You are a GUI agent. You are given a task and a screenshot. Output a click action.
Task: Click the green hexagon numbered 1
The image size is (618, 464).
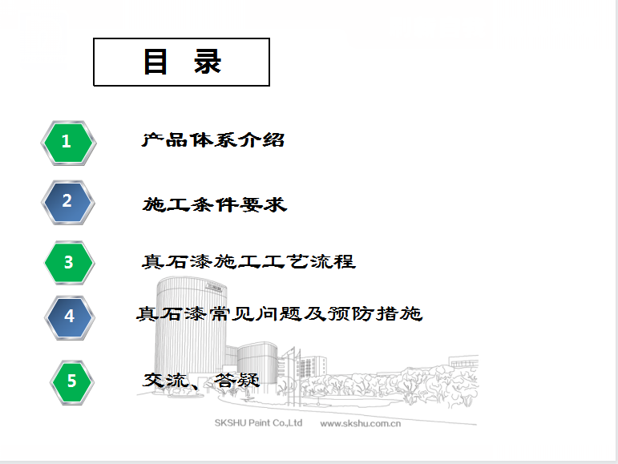pyautogui.click(x=69, y=143)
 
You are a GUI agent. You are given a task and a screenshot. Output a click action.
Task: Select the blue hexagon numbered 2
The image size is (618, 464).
pyautogui.click(x=68, y=203)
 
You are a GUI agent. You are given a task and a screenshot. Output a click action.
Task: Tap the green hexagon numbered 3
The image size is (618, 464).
pyautogui.click(x=69, y=263)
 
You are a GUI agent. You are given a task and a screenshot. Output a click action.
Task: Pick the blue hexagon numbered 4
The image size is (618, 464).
pyautogui.click(x=70, y=317)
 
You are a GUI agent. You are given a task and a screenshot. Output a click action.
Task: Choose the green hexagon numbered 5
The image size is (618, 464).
pyautogui.click(x=71, y=382)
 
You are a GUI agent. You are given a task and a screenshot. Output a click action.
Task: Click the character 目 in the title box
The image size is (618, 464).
pyautogui.click(x=156, y=62)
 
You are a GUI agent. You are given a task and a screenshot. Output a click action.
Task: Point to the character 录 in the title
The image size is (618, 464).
pyautogui.click(x=208, y=62)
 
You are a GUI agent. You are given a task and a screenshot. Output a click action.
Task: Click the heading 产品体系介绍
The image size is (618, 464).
pyautogui.click(x=213, y=140)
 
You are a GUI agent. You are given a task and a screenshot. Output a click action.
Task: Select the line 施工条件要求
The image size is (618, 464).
pyautogui.click(x=215, y=205)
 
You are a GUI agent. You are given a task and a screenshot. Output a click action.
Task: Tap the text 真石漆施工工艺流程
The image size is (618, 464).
pyautogui.click(x=248, y=261)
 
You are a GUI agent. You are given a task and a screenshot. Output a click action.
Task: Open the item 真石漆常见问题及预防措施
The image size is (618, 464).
pyautogui.click(x=280, y=314)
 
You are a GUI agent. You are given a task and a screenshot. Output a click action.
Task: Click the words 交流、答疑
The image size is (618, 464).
pyautogui.click(x=201, y=381)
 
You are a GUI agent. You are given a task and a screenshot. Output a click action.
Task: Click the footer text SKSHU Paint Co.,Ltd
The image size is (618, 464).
pyautogui.click(x=258, y=423)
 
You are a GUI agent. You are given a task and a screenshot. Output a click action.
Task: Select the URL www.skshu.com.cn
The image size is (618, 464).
pyautogui.click(x=360, y=424)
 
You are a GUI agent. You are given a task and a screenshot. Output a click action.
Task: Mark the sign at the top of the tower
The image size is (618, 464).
pyautogui.click(x=214, y=287)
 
